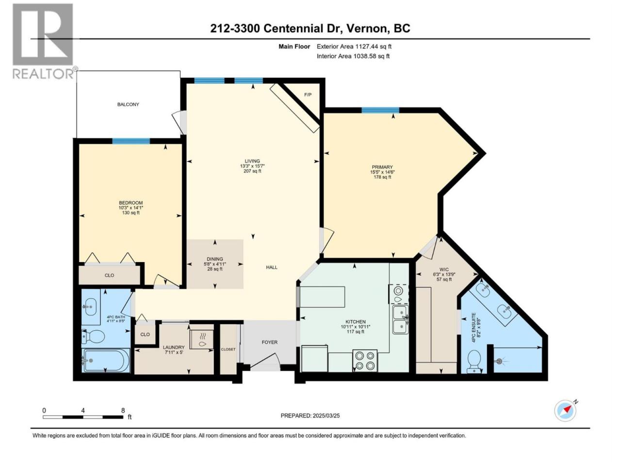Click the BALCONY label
(128, 104)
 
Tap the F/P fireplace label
(308, 95)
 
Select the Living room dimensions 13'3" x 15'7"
(252, 166)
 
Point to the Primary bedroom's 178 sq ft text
(382, 177)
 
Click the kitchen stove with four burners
(365, 361)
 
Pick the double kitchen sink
(401, 319)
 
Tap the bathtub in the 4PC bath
(106, 360)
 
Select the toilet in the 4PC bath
(93, 336)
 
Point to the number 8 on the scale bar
(123, 410)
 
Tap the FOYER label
(269, 342)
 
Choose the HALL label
(272, 267)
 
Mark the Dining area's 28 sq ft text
(215, 269)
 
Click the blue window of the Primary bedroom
(380, 110)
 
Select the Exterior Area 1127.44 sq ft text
(354, 47)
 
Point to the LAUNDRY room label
(174, 347)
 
